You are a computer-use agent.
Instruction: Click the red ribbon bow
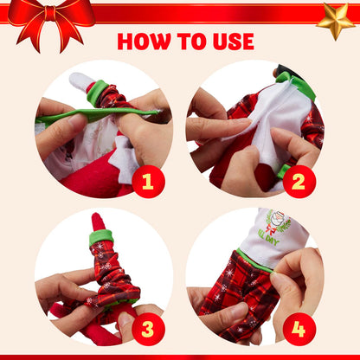pos(51,19)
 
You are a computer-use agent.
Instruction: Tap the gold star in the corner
pos(335,19)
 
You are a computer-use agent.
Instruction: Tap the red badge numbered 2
pos(299,180)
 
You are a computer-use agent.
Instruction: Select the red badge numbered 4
pos(299,327)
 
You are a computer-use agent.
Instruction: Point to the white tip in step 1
pos(81,81)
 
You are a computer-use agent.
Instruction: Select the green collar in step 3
pos(101,237)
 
